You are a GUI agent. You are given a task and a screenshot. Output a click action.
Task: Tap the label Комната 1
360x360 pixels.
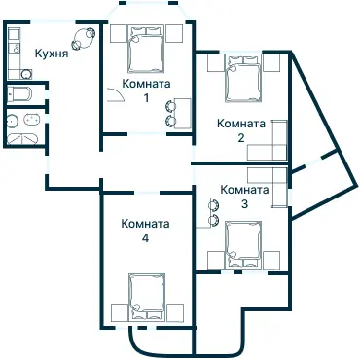tap(146, 90)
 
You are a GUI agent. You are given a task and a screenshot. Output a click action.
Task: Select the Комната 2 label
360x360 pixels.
tap(241, 130)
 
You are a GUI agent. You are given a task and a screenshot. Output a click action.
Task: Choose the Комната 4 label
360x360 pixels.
tap(146, 231)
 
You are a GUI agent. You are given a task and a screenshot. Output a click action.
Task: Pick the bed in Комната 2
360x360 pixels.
tap(241, 79)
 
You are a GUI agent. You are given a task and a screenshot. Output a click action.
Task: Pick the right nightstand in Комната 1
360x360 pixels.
tap(175, 34)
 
